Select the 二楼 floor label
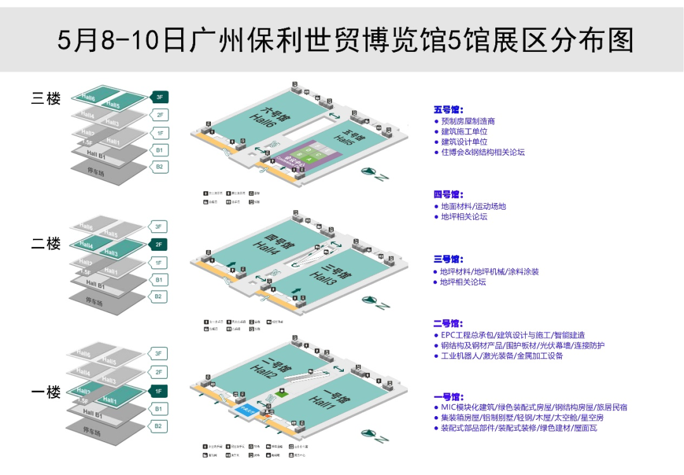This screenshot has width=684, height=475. [46, 244]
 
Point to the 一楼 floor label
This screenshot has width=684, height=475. [46, 392]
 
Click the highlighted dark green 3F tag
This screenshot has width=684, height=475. [159, 97]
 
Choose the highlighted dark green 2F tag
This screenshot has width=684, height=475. [159, 244]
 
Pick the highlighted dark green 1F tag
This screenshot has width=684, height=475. [159, 391]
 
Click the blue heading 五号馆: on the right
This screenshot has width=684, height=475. [448, 110]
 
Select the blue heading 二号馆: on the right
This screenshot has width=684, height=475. [448, 324]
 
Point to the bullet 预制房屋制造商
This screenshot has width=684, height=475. [468, 121]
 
